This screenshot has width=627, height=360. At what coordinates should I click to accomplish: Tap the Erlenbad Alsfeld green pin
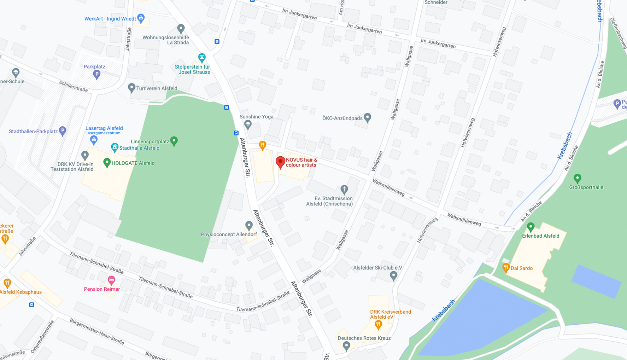click(x=531, y=227)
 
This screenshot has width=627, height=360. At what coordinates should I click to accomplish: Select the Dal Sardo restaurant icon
click(x=506, y=268)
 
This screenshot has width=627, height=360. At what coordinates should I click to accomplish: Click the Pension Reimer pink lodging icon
click(x=111, y=280)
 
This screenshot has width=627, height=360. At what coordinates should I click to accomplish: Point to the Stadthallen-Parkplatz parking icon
click(x=63, y=131)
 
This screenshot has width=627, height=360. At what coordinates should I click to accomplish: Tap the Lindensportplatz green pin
click(x=174, y=141)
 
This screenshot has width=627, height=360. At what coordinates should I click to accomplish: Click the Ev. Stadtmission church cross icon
click(x=344, y=189)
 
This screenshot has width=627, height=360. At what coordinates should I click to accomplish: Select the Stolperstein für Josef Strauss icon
click(x=202, y=57)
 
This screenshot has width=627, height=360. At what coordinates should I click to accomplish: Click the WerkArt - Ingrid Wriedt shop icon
click(x=141, y=18)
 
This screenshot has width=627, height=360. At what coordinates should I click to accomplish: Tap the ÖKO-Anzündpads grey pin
click(x=368, y=117)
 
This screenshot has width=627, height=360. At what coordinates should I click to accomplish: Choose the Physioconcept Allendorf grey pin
click(x=249, y=225)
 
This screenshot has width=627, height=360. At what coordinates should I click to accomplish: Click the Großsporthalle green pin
click(x=577, y=178)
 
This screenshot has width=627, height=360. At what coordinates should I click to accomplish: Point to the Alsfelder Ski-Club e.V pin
click(x=393, y=275)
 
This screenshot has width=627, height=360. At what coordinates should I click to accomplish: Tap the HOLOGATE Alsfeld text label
click(x=133, y=163)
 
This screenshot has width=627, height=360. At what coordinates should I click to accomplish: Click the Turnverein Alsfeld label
click(x=157, y=88)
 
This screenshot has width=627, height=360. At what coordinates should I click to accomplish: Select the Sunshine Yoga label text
click(x=256, y=117)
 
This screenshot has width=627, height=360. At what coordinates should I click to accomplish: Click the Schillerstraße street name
click(x=74, y=86)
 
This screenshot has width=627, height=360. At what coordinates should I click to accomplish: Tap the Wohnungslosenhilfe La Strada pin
click(x=181, y=28)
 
